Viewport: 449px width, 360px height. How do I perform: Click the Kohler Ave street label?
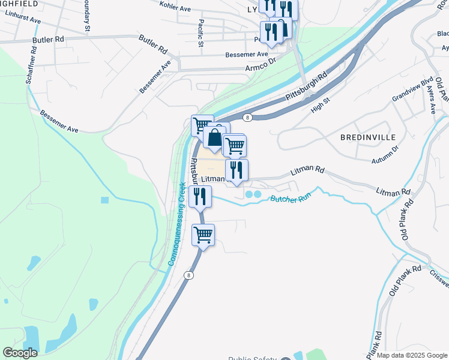175,7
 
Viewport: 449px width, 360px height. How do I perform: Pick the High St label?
321,106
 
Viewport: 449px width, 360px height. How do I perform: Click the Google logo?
20,353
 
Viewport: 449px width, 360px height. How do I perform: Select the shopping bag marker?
214,137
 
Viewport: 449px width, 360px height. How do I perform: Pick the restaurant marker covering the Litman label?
237,170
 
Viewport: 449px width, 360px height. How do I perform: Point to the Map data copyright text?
411,355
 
